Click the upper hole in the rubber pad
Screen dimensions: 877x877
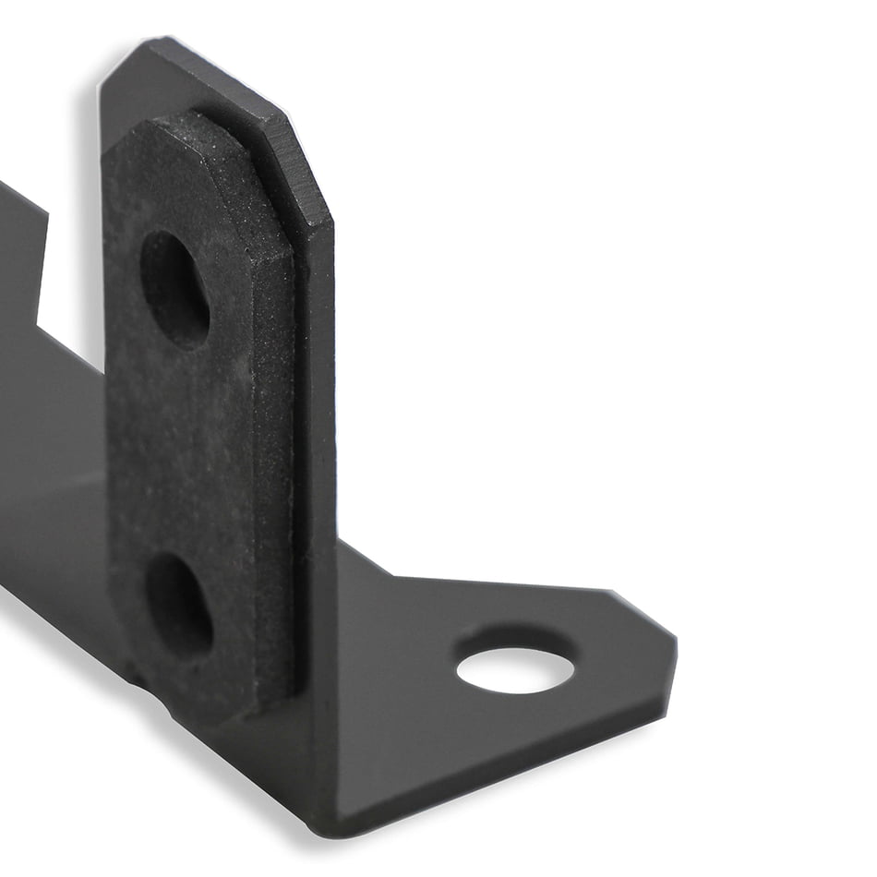click(174, 289)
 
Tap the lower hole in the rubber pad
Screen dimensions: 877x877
click(179, 605)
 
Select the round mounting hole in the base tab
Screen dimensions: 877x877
click(515, 670)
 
